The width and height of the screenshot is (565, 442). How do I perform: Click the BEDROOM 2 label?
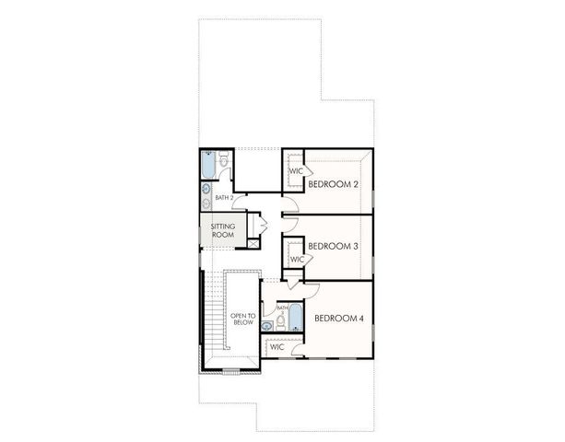(x=333, y=184)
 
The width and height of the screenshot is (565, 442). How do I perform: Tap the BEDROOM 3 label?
(x=333, y=246)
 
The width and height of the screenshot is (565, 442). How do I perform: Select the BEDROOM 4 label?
(x=339, y=319)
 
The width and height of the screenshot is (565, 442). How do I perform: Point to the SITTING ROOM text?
(x=222, y=230)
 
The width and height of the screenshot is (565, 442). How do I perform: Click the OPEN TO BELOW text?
(x=241, y=319)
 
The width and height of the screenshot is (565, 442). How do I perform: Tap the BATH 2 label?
(x=224, y=197)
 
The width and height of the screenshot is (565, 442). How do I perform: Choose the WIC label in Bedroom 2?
(x=296, y=171)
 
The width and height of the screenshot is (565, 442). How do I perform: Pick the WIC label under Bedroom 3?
(x=296, y=260)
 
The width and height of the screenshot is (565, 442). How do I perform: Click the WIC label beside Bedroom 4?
(x=277, y=347)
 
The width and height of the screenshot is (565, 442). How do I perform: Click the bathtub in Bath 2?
(x=208, y=166)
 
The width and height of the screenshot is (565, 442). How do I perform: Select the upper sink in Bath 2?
(x=206, y=189)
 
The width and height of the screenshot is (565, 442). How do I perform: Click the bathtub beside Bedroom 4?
(x=296, y=318)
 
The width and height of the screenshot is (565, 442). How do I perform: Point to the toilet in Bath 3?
(x=280, y=320)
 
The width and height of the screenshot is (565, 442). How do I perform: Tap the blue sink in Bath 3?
(x=266, y=325)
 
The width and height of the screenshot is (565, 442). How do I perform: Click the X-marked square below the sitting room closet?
(x=253, y=243)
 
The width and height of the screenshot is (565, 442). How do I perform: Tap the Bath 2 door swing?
(x=238, y=204)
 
